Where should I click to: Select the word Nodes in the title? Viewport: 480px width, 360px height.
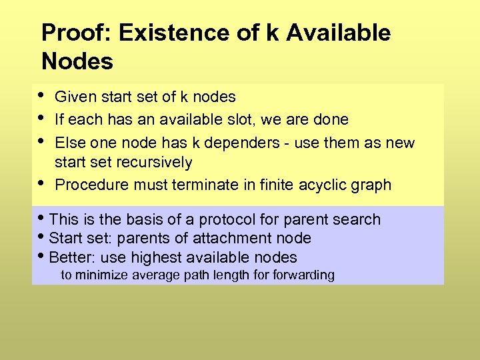coord(77,62)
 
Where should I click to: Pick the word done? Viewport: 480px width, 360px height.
coord(331,120)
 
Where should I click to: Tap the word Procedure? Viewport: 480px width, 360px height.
coord(92,185)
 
